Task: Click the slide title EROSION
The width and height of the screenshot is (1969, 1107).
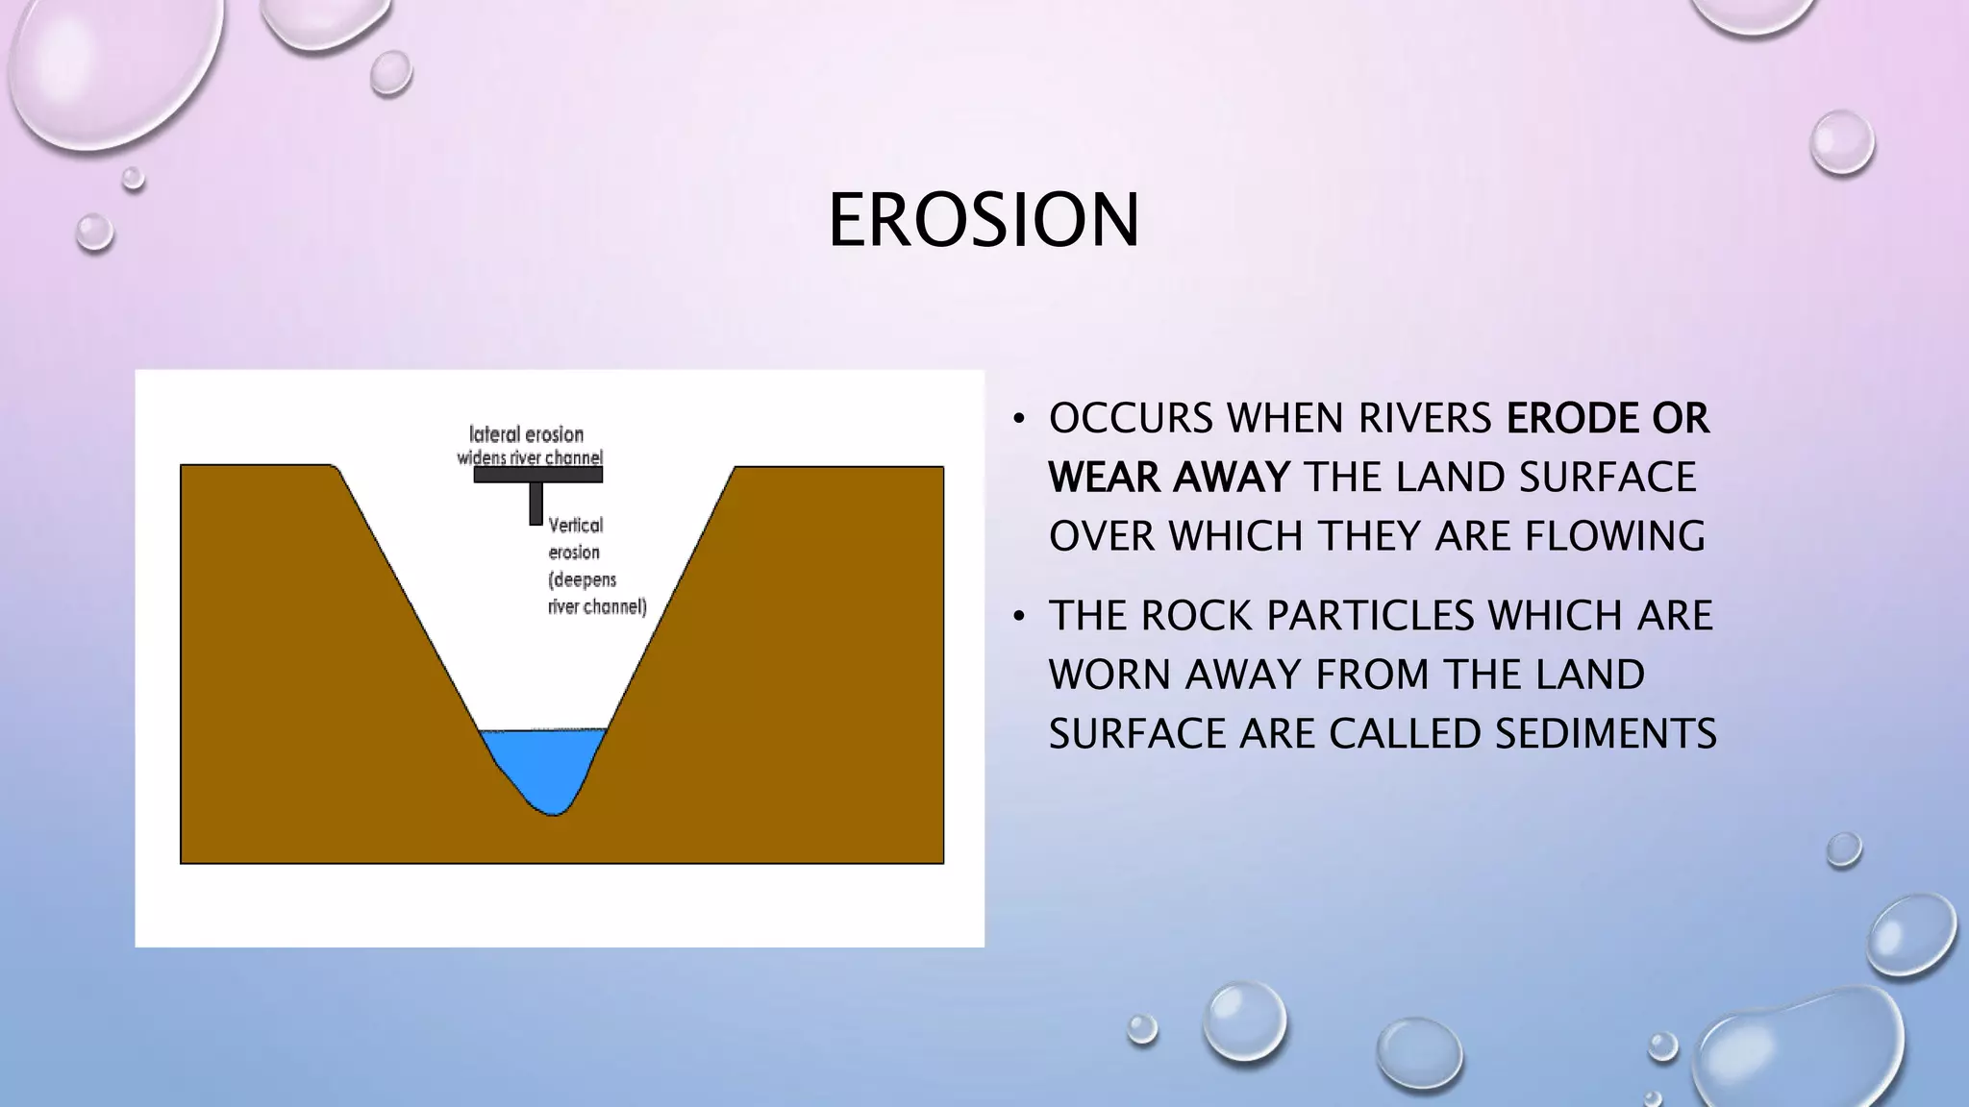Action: [984, 220]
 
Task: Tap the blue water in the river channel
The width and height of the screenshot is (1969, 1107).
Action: [543, 759]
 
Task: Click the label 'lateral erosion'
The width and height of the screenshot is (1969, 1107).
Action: [526, 434]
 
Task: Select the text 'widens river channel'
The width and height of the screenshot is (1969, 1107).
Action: [530, 457]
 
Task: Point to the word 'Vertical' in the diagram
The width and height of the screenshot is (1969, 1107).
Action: [575, 525]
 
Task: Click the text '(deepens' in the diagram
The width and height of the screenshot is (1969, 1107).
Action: [582, 579]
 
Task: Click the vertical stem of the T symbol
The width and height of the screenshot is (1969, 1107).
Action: [536, 504]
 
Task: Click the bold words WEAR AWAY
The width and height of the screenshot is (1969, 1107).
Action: [1168, 478]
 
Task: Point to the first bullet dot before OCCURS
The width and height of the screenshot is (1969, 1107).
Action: [1019, 420]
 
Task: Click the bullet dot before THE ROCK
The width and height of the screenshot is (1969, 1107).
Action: [1019, 617]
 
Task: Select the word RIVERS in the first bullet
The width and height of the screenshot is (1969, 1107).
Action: [1423, 419]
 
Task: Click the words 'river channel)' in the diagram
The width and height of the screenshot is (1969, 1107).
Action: [596, 606]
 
